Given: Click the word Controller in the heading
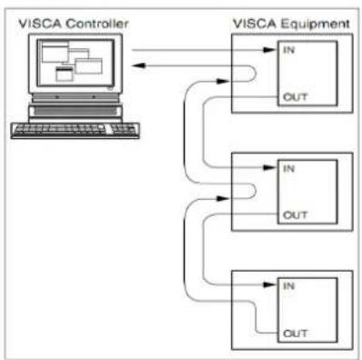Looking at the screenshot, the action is [x=97, y=24].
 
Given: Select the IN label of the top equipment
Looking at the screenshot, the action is [x=288, y=50].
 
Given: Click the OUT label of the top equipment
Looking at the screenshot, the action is [x=295, y=97].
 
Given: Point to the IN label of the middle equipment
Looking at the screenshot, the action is [x=288, y=168].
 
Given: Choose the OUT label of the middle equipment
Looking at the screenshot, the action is [x=295, y=215].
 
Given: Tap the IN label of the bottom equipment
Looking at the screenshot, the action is [x=288, y=285].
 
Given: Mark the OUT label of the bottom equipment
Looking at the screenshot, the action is [x=295, y=334].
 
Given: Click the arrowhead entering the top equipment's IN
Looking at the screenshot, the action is [x=269, y=50].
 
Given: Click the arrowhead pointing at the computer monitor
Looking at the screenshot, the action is [x=138, y=65].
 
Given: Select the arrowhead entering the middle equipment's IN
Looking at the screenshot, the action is [x=269, y=167].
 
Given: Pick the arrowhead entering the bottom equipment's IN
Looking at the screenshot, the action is [x=269, y=285].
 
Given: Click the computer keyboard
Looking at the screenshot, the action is [x=75, y=131].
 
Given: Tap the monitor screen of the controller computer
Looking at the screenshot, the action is [x=75, y=63].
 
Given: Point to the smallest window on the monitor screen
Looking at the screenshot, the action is [x=65, y=74].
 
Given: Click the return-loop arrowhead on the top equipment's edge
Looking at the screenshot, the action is [x=223, y=81].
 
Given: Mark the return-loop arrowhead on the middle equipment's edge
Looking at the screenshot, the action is [x=223, y=199].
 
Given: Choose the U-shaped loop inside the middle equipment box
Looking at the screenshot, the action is [x=256, y=191].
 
